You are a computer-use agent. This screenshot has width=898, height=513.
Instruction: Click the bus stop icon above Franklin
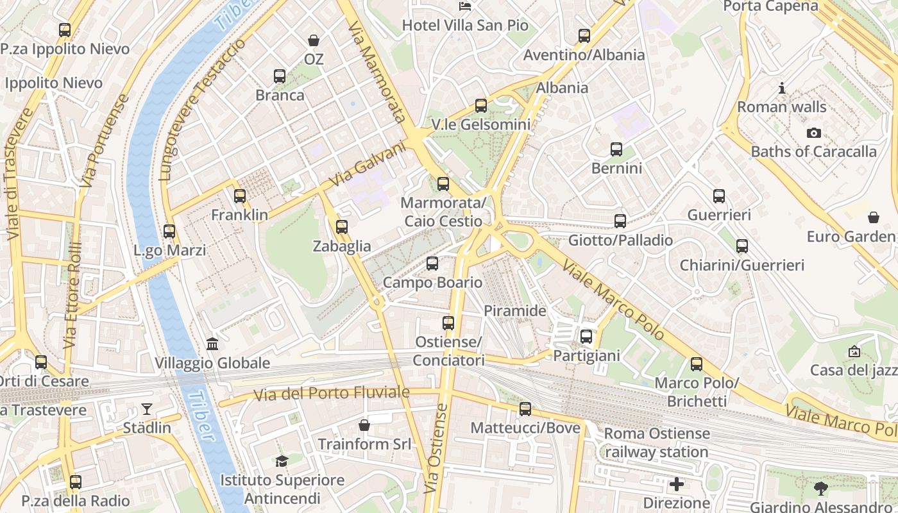click(240, 196)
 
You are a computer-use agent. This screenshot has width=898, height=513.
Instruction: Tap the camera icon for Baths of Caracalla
click(813, 133)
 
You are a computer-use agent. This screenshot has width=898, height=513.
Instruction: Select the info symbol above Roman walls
click(781, 88)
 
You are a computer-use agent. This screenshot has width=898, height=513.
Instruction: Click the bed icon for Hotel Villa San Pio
click(465, 6)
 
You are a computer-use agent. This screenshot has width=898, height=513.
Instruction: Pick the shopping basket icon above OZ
click(314, 40)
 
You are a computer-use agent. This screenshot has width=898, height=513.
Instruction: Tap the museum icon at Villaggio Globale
click(212, 344)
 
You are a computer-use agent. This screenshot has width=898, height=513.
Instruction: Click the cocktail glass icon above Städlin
click(147, 408)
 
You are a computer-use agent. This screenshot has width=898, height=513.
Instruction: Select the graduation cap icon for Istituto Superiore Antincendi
click(282, 461)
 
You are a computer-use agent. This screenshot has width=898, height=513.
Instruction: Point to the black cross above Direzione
click(676, 484)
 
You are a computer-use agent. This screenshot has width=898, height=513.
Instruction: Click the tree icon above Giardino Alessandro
click(820, 489)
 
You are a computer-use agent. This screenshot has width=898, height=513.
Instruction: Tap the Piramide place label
click(514, 311)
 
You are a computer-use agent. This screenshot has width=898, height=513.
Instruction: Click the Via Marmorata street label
click(377, 72)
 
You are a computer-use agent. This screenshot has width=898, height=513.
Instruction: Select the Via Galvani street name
click(368, 165)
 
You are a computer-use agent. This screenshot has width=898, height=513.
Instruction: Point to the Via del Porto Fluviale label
click(332, 393)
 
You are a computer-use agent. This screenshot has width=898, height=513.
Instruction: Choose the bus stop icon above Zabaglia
click(342, 227)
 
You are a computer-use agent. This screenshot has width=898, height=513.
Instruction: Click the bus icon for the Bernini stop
click(616, 149)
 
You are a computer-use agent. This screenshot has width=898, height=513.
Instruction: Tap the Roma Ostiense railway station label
click(656, 442)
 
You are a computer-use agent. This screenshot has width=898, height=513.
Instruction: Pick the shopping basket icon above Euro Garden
click(873, 217)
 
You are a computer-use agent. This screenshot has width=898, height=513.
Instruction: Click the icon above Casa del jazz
click(854, 351)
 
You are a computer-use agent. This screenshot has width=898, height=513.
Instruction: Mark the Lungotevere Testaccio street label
click(201, 110)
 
